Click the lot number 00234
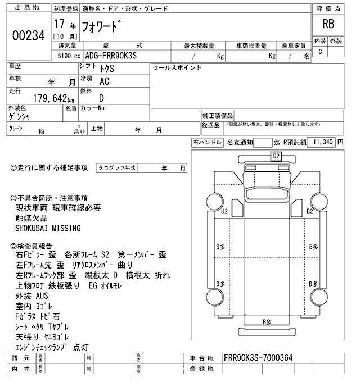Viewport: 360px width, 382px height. pyautogui.click(x=28, y=35)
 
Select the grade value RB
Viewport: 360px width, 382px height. pyautogui.click(x=327, y=24)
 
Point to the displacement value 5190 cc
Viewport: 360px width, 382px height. pyautogui.click(x=67, y=56)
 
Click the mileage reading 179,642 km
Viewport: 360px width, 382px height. pyautogui.click(x=47, y=97)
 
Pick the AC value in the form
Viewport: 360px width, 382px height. pyautogui.click(x=104, y=81)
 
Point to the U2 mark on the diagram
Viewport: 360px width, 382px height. pyautogui.click(x=224, y=211)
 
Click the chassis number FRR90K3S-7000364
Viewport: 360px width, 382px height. pyautogui.click(x=258, y=358)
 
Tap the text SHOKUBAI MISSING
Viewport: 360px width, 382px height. pyautogui.click(x=48, y=229)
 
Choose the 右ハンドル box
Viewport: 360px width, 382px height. pyautogui.click(x=207, y=143)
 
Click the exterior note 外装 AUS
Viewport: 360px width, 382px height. pyautogui.click(x=33, y=295)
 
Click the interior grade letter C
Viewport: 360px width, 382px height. pyautogui.click(x=320, y=52)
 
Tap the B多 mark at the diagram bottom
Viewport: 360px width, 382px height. pyautogui.click(x=266, y=321)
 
